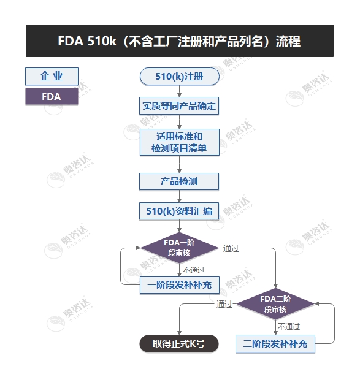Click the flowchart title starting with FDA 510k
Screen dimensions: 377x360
(x=179, y=41)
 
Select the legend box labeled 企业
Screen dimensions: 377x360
(x=52, y=76)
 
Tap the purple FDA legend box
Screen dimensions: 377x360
(x=52, y=96)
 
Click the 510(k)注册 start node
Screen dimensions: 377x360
(x=179, y=77)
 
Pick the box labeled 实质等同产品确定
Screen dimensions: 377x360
(x=179, y=106)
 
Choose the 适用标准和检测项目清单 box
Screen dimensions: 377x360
(x=179, y=142)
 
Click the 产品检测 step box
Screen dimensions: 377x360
(x=179, y=181)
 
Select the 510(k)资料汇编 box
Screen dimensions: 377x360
(x=179, y=211)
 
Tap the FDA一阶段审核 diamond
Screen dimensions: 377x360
(x=179, y=248)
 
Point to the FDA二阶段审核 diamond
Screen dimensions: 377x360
(x=275, y=304)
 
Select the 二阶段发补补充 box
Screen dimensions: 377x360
(x=275, y=343)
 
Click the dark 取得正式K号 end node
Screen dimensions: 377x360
(x=178, y=343)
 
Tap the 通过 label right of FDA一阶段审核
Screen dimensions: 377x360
(x=231, y=248)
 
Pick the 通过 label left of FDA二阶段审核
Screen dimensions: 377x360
(x=224, y=304)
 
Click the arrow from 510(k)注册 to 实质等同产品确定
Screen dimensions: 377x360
(x=179, y=91)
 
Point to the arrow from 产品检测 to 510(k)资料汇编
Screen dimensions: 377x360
(x=179, y=196)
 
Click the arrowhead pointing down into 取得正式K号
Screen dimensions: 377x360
(x=178, y=331)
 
